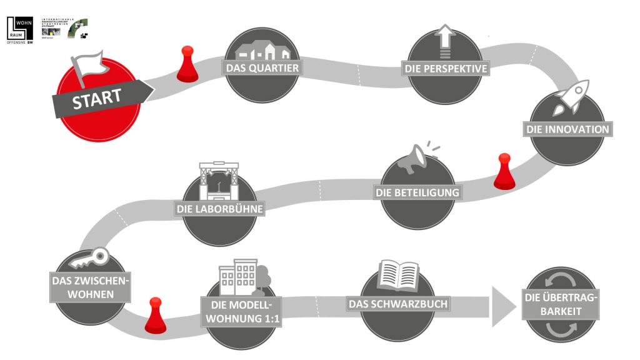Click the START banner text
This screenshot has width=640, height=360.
click(97, 99)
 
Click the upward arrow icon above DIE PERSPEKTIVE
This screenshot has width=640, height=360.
click(446, 41)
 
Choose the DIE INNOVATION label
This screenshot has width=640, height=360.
click(566, 129)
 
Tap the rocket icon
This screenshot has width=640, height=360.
click(568, 101)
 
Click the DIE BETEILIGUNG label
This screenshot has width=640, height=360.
click(417, 192)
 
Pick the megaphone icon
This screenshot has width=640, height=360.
click(415, 157)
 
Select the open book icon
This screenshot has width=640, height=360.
click(399, 275)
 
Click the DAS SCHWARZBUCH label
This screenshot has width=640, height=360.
click(399, 304)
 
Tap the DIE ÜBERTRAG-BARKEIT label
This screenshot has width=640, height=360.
click(560, 304)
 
